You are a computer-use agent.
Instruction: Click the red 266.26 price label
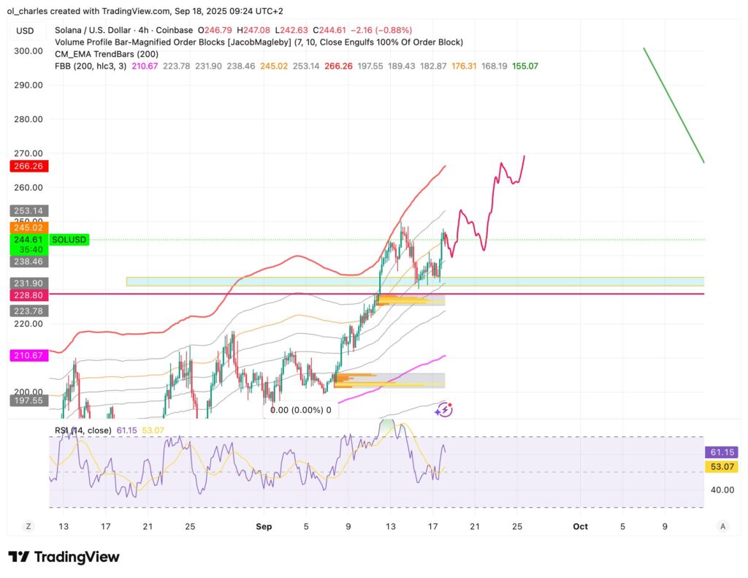pos(28,167)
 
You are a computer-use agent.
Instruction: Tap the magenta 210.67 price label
pos(28,356)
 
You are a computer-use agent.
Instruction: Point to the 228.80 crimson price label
pos(28,294)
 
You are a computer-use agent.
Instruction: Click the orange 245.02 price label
pos(28,228)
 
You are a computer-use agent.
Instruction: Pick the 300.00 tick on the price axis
pos(28,51)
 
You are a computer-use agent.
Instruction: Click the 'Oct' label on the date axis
pos(581,526)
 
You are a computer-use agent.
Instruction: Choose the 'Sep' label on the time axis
pos(264,526)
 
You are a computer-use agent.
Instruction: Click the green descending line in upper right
pos(673,105)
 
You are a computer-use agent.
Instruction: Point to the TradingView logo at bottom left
pos(64,557)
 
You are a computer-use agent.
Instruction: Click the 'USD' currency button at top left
pos(25,31)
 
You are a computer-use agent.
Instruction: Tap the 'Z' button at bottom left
pos(28,526)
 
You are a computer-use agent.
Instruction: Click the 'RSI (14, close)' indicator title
pos(83,430)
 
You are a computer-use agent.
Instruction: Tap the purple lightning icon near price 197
pos(443,411)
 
